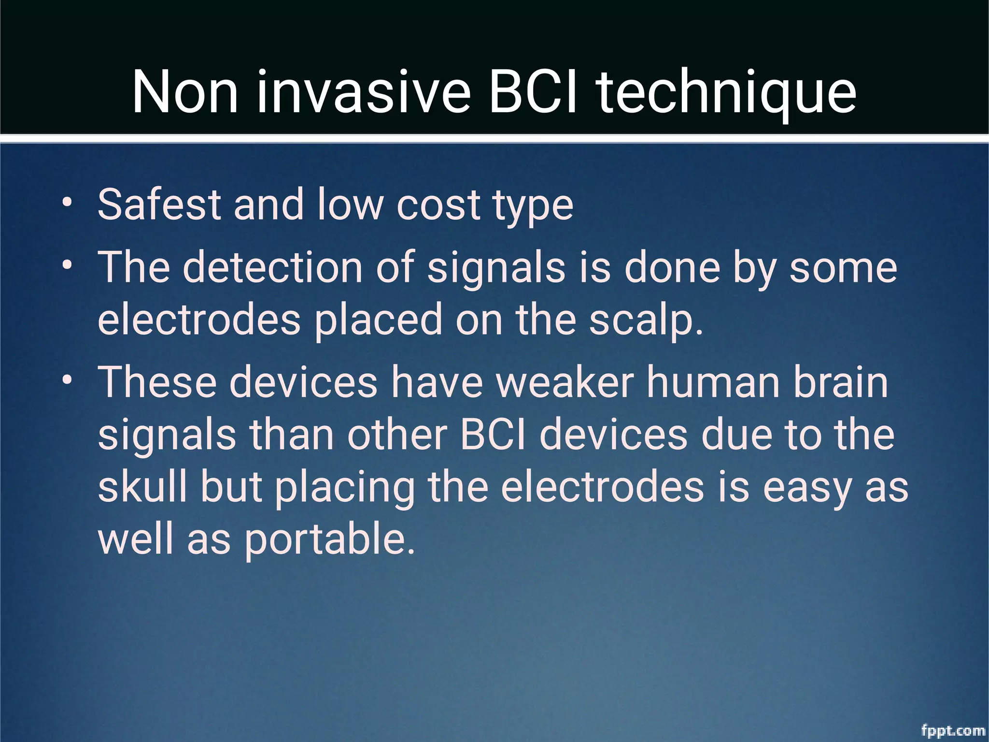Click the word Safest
click(159, 204)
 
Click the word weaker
click(565, 382)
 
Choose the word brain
click(841, 382)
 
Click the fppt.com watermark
click(953, 730)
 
